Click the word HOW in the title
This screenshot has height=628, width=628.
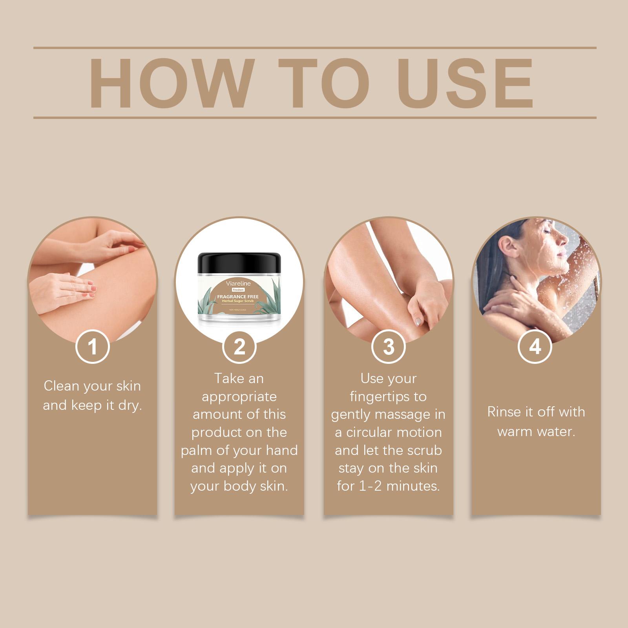(x=170, y=83)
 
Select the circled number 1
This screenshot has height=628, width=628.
(x=93, y=347)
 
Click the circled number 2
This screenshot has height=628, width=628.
(x=239, y=347)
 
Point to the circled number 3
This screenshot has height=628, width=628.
(x=389, y=347)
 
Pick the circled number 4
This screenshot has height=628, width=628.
(x=535, y=347)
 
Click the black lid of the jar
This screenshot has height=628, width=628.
(x=239, y=266)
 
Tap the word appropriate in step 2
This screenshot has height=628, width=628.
(x=239, y=397)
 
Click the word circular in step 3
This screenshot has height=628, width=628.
(x=369, y=433)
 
